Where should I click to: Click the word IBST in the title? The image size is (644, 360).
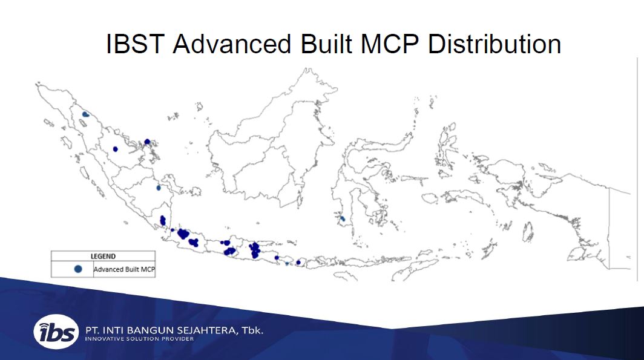coord(135,44)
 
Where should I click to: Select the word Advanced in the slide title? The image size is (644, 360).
coord(232,44)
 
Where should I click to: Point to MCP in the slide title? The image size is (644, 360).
coord(390,44)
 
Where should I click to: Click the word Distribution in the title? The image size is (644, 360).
coord(494,44)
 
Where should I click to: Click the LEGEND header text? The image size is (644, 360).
coord(103,256)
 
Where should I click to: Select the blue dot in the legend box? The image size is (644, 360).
coord(77,269)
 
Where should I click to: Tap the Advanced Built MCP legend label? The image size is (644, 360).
coord(125,269)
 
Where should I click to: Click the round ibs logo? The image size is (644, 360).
coord(56,332)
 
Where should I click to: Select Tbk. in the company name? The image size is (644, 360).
coord(252,330)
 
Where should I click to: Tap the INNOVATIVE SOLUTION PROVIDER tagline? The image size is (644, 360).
coord(139,339)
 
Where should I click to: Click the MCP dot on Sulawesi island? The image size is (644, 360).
coord(342,219)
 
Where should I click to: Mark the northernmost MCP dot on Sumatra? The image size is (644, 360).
coord(85,114)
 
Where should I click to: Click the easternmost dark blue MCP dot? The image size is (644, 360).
coord(298,263)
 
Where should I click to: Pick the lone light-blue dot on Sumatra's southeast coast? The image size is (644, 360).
coord(159,188)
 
